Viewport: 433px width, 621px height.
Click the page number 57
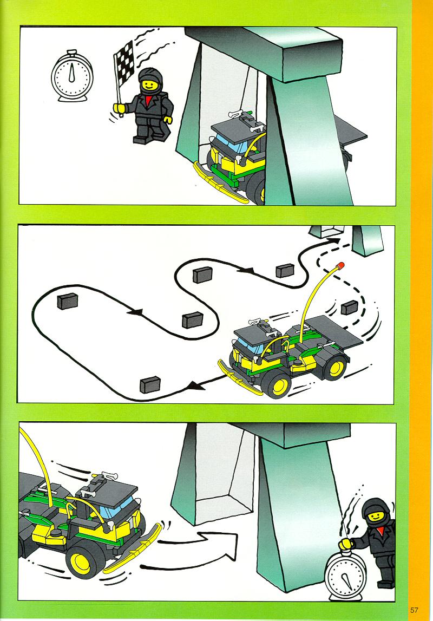pyautogui.click(x=414, y=610)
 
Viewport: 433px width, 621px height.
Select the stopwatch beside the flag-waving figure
pyautogui.click(x=71, y=75)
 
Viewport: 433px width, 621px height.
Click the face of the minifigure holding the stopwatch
pyautogui.click(x=375, y=517)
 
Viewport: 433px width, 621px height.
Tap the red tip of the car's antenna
pyautogui.click(x=340, y=265)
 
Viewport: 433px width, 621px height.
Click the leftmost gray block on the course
pyautogui.click(x=67, y=301)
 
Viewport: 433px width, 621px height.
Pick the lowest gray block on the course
pyautogui.click(x=150, y=384)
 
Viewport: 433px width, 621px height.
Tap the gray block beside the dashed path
pyautogui.click(x=349, y=308)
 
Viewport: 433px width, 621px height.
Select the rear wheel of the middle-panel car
pyautogui.click(x=336, y=367)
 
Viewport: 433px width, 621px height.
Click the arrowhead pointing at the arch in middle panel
pyautogui.click(x=333, y=241)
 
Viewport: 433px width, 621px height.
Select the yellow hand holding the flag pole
pyautogui.click(x=118, y=107)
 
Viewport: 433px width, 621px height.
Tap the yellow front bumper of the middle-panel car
pyautogui.click(x=239, y=378)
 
